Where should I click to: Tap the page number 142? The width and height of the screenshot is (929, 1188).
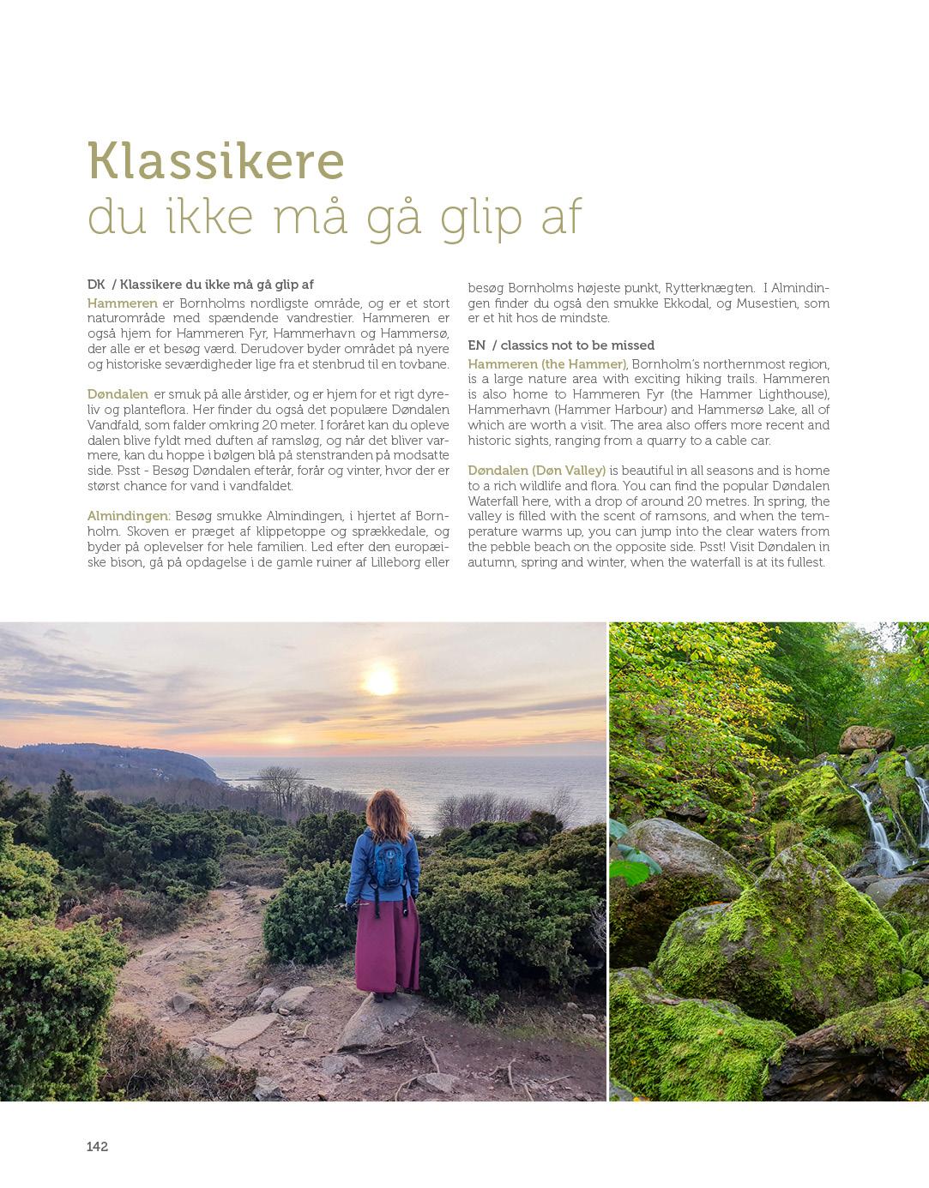click(97, 1147)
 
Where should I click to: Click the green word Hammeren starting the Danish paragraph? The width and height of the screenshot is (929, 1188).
click(122, 303)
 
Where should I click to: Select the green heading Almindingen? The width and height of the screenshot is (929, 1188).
click(129, 516)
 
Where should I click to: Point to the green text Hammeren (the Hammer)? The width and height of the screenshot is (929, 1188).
click(547, 364)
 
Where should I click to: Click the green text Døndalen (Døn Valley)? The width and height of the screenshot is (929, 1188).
click(537, 471)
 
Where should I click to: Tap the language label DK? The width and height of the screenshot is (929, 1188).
click(95, 285)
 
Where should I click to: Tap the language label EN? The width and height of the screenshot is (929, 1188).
click(476, 345)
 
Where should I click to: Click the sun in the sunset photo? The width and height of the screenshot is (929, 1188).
click(380, 680)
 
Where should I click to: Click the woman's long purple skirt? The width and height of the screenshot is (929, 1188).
click(389, 943)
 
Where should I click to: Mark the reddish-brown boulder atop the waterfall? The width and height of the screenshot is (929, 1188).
click(866, 738)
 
